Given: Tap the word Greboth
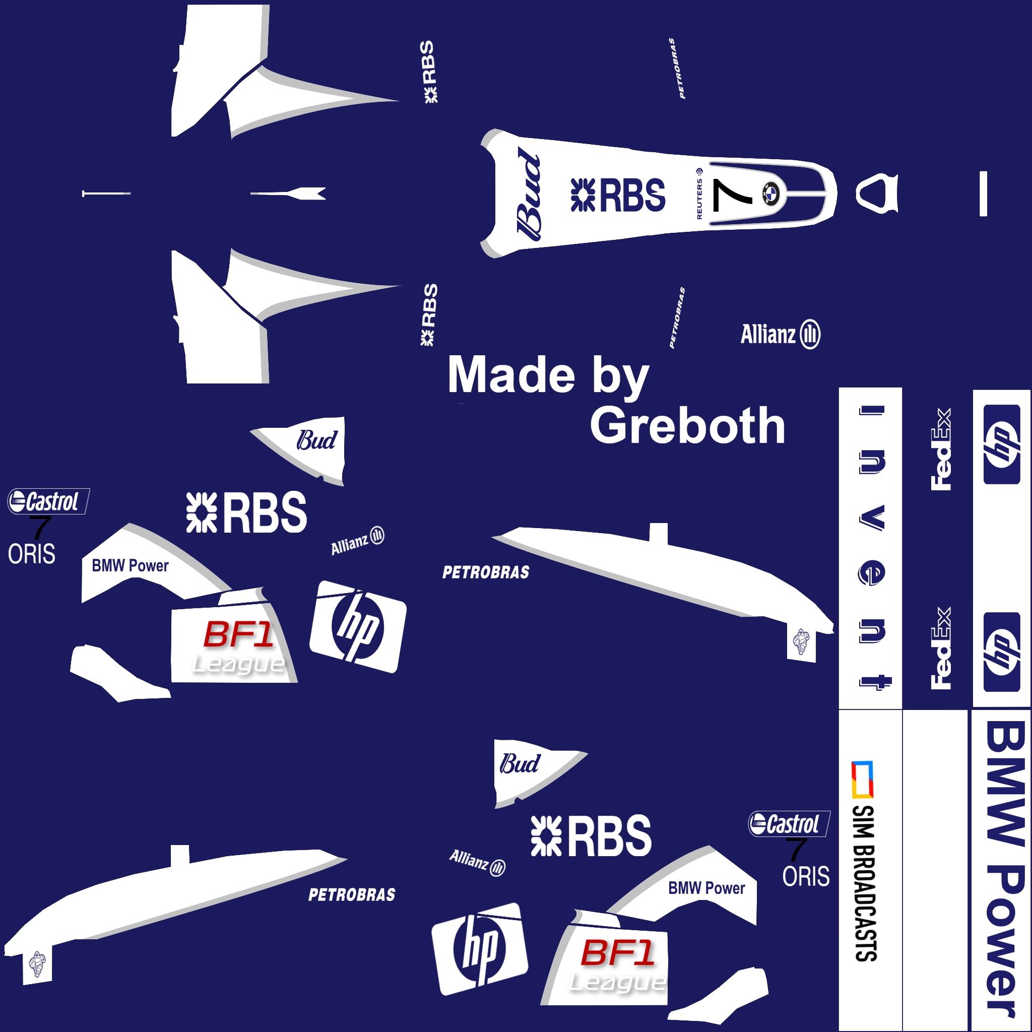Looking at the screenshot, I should click(687, 426).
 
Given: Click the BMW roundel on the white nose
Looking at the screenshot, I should click(771, 193).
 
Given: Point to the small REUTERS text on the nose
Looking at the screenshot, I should click(699, 199).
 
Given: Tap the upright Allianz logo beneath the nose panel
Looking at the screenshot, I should click(781, 335).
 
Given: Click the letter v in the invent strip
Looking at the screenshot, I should click(872, 518).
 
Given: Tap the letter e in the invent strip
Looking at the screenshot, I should click(872, 573).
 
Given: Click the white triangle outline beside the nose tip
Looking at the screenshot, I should click(877, 193).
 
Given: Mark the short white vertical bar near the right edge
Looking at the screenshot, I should click(983, 194).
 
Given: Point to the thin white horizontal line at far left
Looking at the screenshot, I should click(106, 193).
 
